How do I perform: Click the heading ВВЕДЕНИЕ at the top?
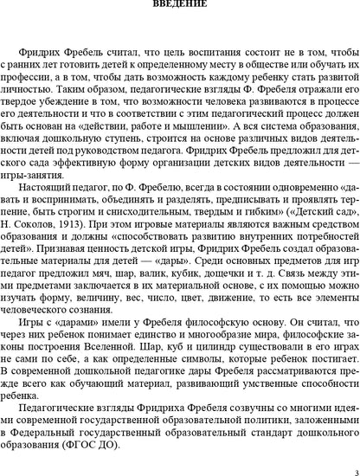click(180, 6)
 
